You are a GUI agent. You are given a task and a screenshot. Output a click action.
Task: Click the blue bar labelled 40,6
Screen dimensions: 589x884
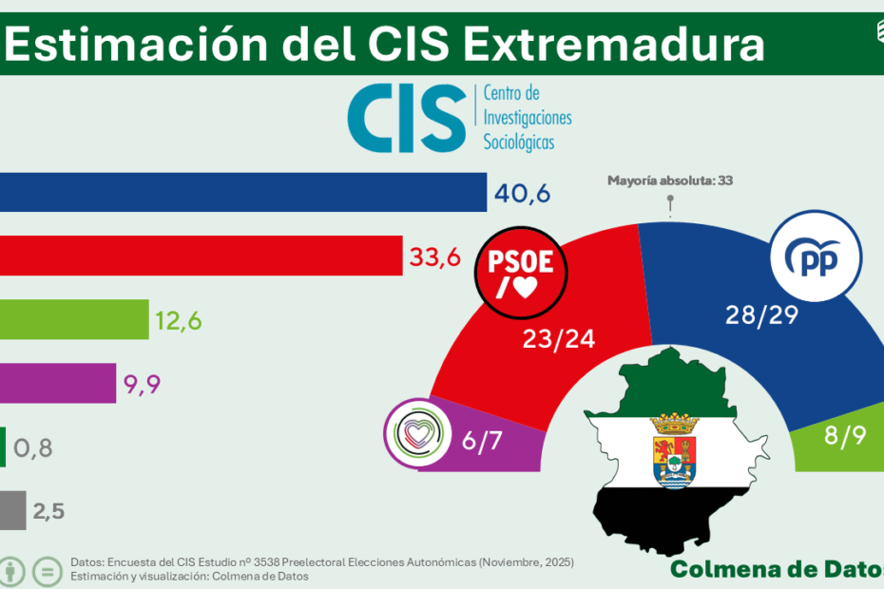(243, 192)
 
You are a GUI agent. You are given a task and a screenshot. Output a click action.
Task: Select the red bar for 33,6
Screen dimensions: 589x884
(201, 256)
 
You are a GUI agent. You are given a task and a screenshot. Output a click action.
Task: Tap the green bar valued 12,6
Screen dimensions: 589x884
(74, 319)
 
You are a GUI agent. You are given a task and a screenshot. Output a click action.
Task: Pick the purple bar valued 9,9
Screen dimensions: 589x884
(58, 383)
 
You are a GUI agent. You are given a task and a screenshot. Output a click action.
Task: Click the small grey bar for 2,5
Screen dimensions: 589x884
(12, 510)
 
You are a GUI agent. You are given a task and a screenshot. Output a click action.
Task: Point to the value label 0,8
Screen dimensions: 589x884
(33, 447)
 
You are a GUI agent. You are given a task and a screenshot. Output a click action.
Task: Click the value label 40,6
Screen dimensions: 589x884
(523, 194)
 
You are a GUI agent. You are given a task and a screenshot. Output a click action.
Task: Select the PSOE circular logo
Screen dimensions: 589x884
(520, 273)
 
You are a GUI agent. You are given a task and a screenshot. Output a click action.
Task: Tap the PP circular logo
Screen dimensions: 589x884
(815, 257)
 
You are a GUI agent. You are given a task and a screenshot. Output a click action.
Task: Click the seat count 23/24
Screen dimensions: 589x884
(559, 339)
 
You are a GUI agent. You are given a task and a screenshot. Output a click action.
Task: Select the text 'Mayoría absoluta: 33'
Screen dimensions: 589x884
(670, 180)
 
